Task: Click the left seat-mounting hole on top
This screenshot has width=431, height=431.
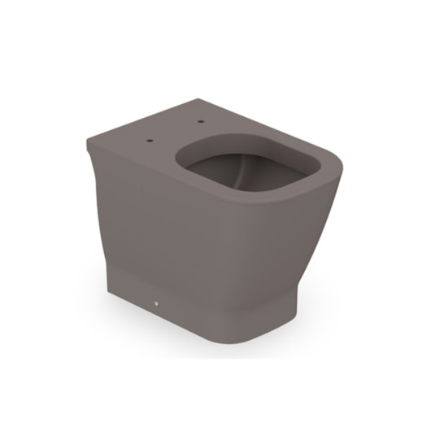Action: [x=150, y=141]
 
